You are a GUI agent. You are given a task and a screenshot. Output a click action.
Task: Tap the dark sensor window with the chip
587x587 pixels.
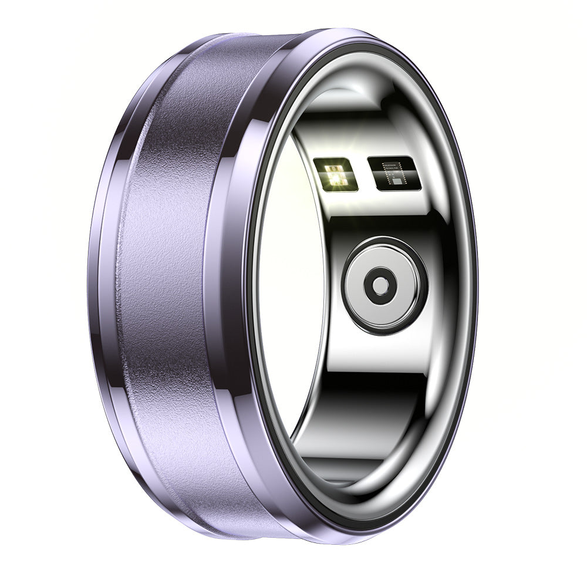393,174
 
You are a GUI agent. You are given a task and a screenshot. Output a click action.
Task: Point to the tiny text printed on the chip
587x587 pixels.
393,166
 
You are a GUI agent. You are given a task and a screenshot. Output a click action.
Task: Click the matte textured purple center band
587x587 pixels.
170,293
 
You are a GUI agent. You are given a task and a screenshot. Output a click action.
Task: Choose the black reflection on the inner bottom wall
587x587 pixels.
364,405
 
